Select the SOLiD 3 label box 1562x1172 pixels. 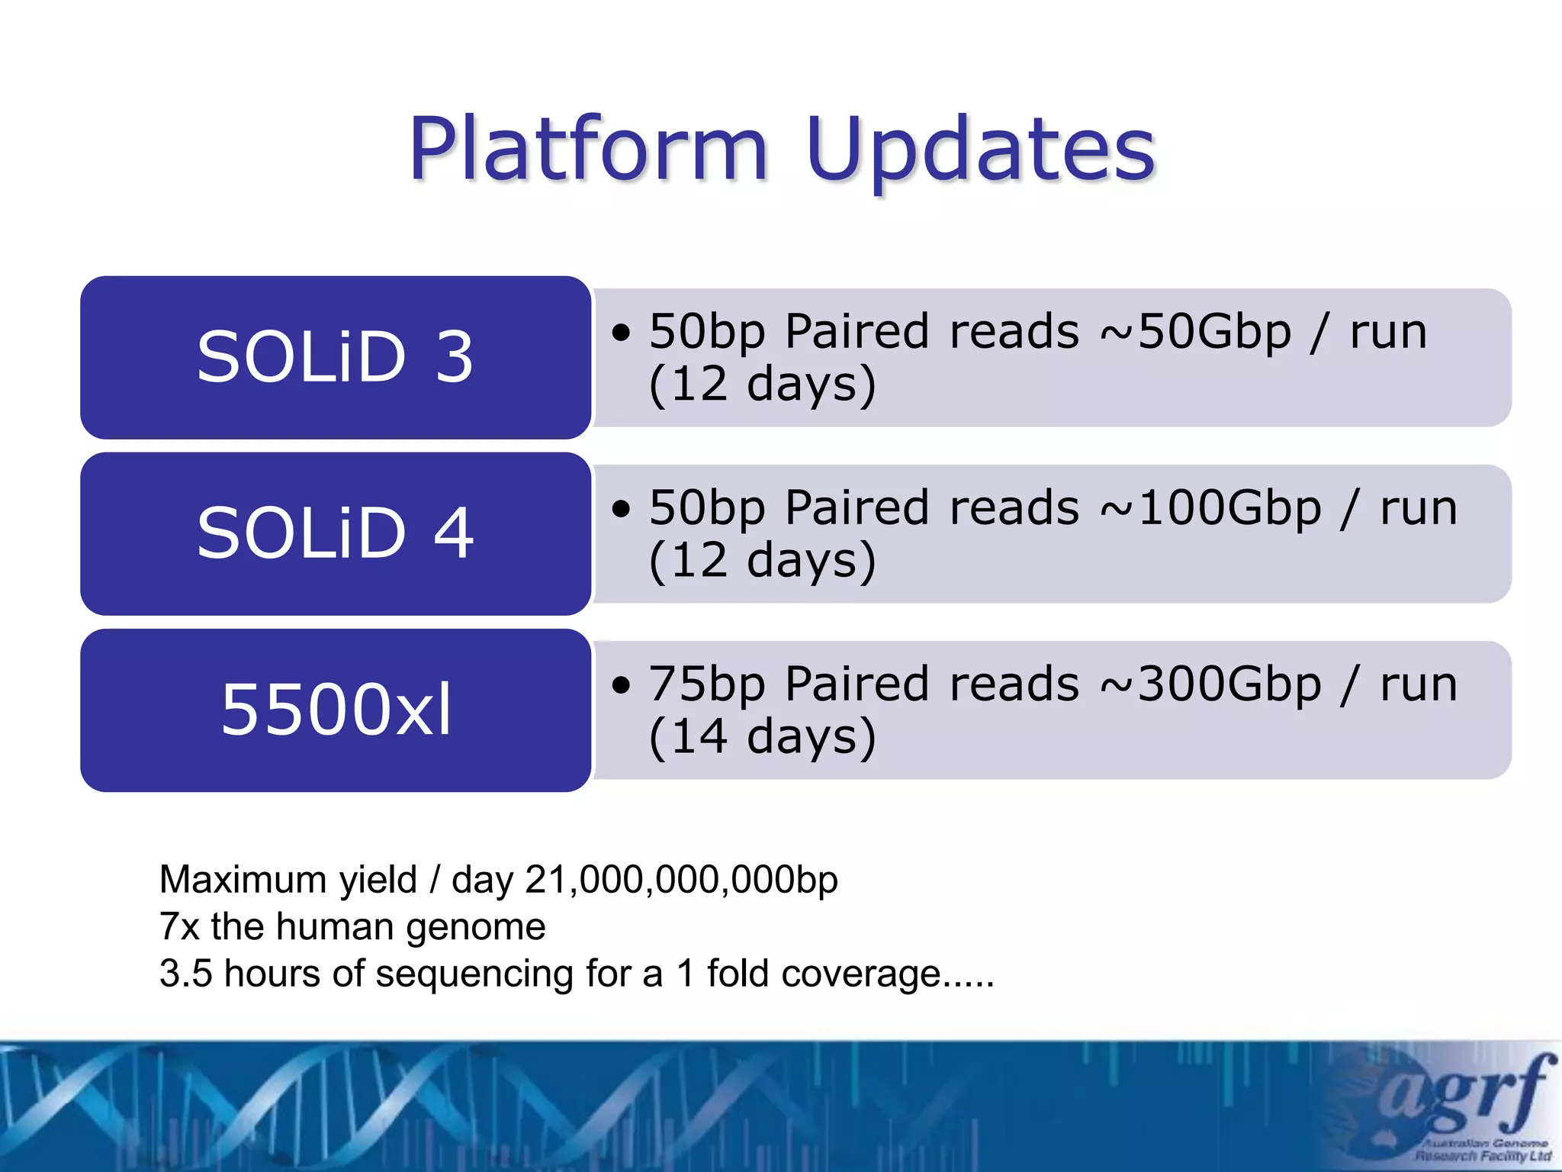[x=336, y=357]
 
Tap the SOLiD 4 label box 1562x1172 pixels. [x=336, y=533]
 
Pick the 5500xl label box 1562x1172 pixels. [x=336, y=710]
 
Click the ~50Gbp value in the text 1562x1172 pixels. [x=1195, y=332]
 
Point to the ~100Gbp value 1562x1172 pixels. [x=1210, y=508]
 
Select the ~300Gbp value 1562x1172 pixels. [x=1210, y=684]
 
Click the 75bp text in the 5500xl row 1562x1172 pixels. [x=706, y=684]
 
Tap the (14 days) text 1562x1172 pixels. [x=763, y=737]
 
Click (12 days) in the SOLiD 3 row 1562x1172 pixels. [x=763, y=385]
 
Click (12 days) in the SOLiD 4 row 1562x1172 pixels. [x=763, y=561]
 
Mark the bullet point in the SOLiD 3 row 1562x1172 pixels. [x=622, y=333]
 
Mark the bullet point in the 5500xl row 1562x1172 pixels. [x=622, y=685]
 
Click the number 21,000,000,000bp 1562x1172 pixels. [x=681, y=880]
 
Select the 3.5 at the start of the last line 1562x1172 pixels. [x=185, y=974]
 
